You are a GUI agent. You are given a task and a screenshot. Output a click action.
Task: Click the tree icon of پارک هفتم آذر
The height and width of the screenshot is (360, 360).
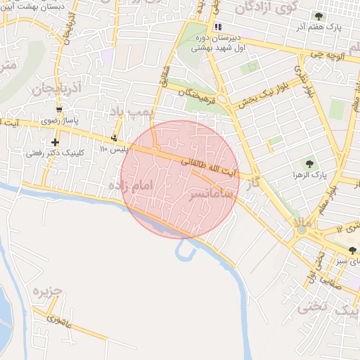319,16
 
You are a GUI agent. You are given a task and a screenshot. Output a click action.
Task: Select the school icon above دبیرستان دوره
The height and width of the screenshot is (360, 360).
218,27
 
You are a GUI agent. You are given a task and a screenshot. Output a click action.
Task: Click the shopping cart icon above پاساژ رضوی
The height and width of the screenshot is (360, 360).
59,110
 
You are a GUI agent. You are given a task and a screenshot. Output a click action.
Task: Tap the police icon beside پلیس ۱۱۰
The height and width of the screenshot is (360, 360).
115,138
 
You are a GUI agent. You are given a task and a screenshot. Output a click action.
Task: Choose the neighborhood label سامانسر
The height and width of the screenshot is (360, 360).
211,193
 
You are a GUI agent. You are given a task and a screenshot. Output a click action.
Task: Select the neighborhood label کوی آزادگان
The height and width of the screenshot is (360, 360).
268,8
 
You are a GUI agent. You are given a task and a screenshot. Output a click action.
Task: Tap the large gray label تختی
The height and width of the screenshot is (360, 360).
314,307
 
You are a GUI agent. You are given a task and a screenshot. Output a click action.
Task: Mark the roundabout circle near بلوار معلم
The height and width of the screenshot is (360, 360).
302,229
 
